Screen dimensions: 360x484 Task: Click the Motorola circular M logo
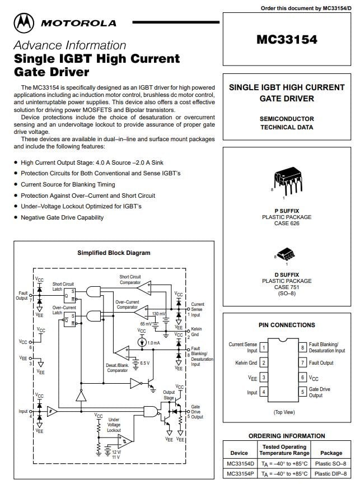tap(24, 23)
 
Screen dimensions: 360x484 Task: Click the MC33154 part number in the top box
tap(287, 40)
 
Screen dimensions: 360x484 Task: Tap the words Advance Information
tap(70, 45)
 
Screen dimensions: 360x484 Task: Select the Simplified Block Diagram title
tap(114, 253)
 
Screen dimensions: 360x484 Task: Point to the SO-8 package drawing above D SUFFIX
tap(286, 254)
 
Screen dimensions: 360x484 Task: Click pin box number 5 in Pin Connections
tap(302, 392)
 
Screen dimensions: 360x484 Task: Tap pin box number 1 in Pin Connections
tap(264, 347)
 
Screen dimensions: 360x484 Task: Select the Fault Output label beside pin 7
tap(321, 362)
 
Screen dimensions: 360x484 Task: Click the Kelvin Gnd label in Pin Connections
tap(246, 362)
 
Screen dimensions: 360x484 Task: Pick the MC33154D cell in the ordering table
tap(240, 464)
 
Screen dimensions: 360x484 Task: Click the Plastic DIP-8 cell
tap(331, 473)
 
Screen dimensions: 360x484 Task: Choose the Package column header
tap(331, 453)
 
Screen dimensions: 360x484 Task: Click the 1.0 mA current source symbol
tap(142, 342)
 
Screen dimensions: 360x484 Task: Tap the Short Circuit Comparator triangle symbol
tap(144, 288)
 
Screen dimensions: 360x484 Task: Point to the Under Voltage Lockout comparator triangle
tap(125, 441)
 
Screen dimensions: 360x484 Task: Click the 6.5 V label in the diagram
tap(144, 363)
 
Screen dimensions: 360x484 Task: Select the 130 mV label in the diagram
tap(158, 314)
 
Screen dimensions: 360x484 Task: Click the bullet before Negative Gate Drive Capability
tap(16, 217)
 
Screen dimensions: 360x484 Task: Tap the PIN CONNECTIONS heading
tap(287, 325)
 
